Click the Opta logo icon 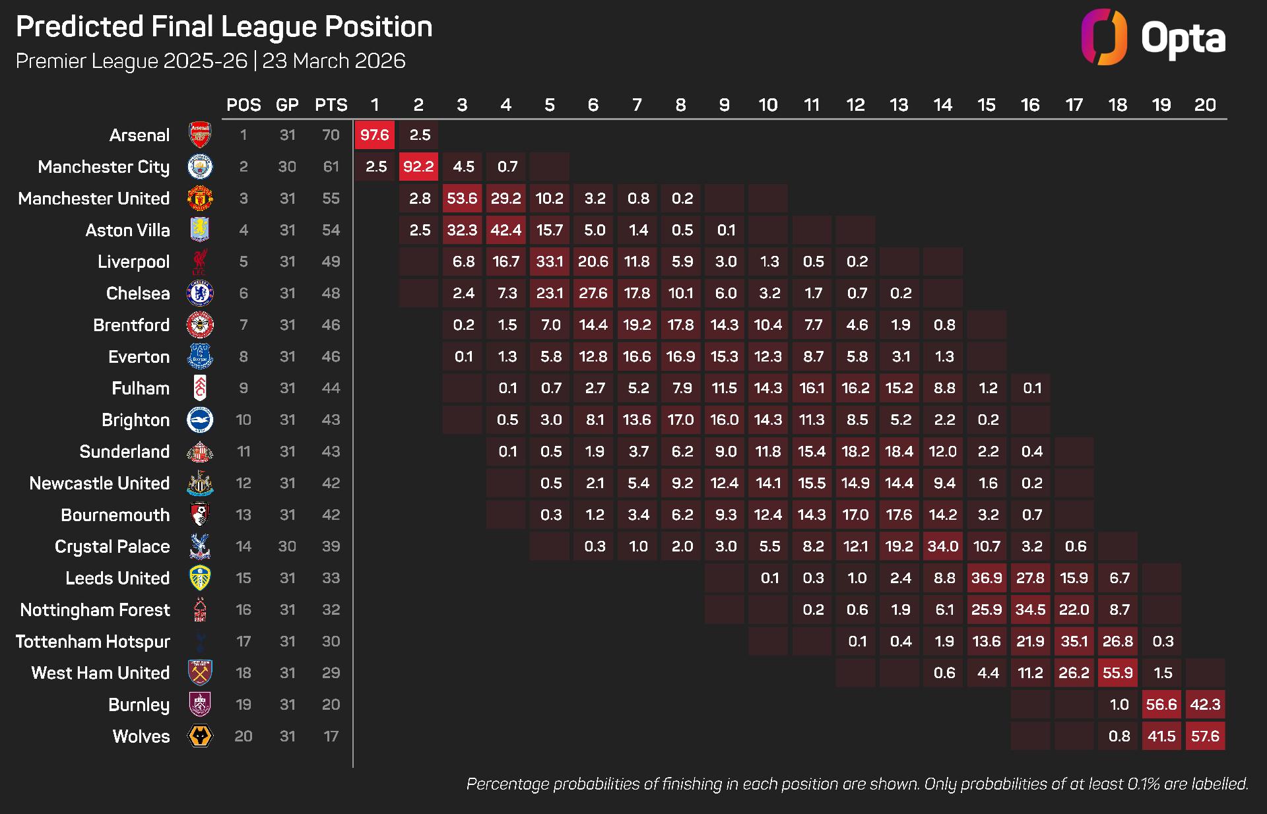(x=1104, y=37)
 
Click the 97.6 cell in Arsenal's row (x=374, y=135)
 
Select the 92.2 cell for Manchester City (x=418, y=167)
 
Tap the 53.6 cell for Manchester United (x=462, y=199)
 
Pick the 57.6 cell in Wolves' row (x=1205, y=736)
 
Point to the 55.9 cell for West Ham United (x=1117, y=673)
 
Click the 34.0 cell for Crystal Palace (x=942, y=546)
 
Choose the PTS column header (x=331, y=105)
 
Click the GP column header (x=287, y=105)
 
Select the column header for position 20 (x=1205, y=105)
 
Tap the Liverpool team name (x=133, y=262)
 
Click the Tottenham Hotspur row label (x=93, y=642)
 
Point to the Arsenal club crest (x=199, y=135)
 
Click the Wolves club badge (x=200, y=736)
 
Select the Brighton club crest (x=199, y=420)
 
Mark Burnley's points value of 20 (x=331, y=704)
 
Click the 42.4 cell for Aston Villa (x=505, y=230)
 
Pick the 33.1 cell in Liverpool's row (x=549, y=262)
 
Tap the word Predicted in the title (x=79, y=27)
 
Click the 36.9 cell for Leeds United (x=987, y=578)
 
